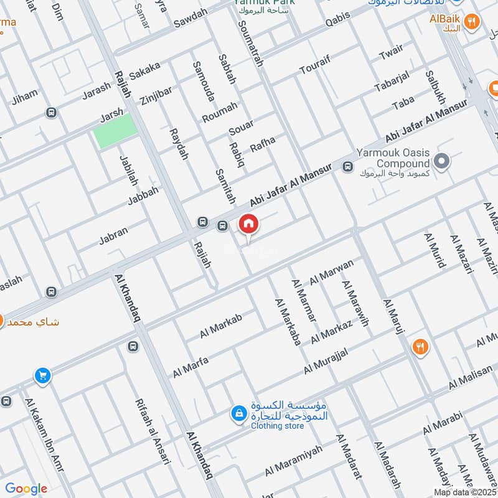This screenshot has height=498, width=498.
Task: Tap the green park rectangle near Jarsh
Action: point(115,130)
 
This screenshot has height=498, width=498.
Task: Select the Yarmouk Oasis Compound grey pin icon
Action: point(442,162)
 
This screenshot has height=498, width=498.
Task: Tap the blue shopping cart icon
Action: point(42,375)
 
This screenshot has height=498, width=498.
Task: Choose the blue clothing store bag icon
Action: point(238,412)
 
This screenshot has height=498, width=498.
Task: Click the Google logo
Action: point(26,489)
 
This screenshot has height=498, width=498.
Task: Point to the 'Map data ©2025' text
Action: point(464,492)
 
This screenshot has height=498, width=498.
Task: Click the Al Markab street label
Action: point(220,326)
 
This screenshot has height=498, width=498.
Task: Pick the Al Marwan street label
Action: point(331,270)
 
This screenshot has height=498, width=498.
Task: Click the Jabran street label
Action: point(113,235)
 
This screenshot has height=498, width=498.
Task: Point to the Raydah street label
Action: point(179,144)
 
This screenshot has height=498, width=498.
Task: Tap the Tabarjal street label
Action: point(392,82)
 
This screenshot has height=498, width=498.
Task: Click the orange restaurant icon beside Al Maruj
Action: point(421,347)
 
